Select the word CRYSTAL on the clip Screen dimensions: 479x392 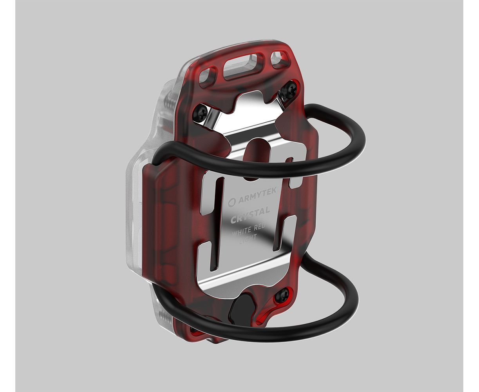coord(250,215)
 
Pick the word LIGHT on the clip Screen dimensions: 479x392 coord(248,238)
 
